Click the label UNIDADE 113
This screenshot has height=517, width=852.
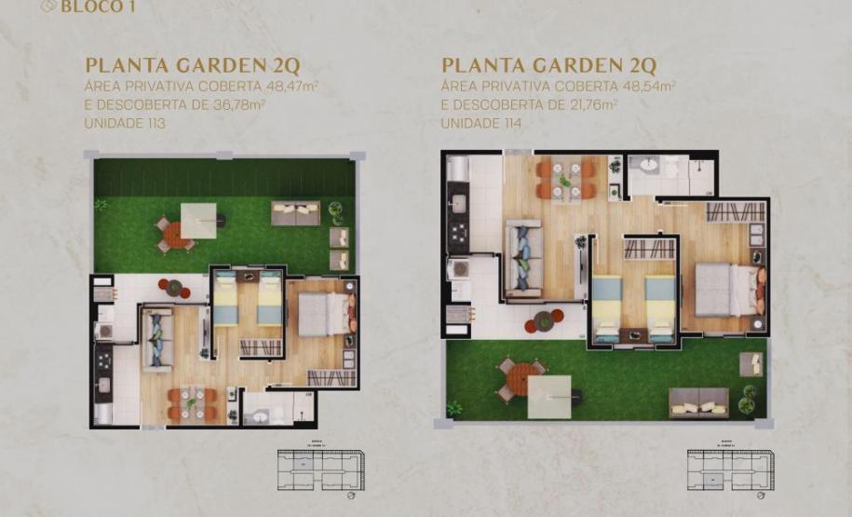121,123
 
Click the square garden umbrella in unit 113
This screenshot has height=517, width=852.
198,221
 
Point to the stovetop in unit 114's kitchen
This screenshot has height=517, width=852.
457,230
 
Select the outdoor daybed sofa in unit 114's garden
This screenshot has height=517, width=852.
697,401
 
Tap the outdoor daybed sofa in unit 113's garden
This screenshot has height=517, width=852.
296,213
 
